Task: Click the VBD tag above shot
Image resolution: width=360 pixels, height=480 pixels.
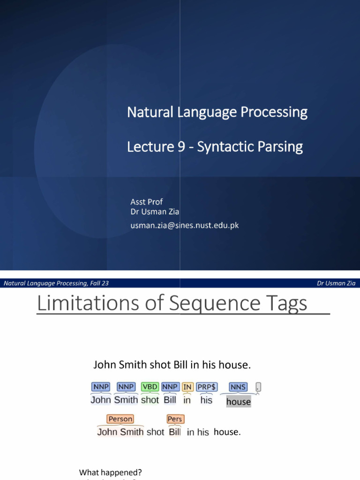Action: pos(150,387)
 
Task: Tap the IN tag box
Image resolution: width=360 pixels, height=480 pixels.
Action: pos(187,387)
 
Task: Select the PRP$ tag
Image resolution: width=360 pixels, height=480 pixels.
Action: pos(207,387)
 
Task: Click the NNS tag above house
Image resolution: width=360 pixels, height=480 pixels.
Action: pos(238,387)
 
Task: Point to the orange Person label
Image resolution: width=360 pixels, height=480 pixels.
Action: pos(120,419)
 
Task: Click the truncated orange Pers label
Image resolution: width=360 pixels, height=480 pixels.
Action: pos(175,419)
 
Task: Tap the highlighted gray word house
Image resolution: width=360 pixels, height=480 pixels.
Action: pos(239,402)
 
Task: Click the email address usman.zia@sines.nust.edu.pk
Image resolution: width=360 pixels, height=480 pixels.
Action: pos(185,225)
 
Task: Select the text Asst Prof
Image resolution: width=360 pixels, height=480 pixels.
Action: pos(146,202)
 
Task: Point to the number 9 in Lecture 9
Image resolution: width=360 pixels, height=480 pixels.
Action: pos(180,147)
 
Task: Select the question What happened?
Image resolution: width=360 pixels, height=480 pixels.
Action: pos(111,472)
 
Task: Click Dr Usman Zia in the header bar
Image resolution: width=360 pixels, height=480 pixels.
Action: pos(336,283)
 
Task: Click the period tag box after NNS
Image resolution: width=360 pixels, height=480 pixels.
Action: pos(258,387)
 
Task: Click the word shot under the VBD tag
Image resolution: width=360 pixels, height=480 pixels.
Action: pos(150,400)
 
